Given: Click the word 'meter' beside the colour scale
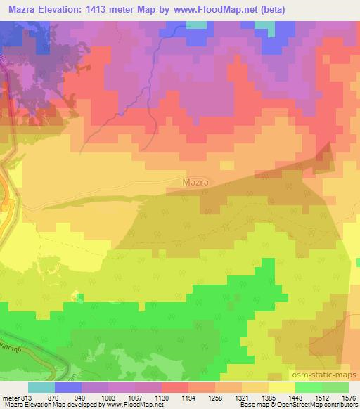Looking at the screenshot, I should (x=11, y=397).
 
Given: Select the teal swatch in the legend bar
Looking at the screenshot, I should (x=42, y=387).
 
